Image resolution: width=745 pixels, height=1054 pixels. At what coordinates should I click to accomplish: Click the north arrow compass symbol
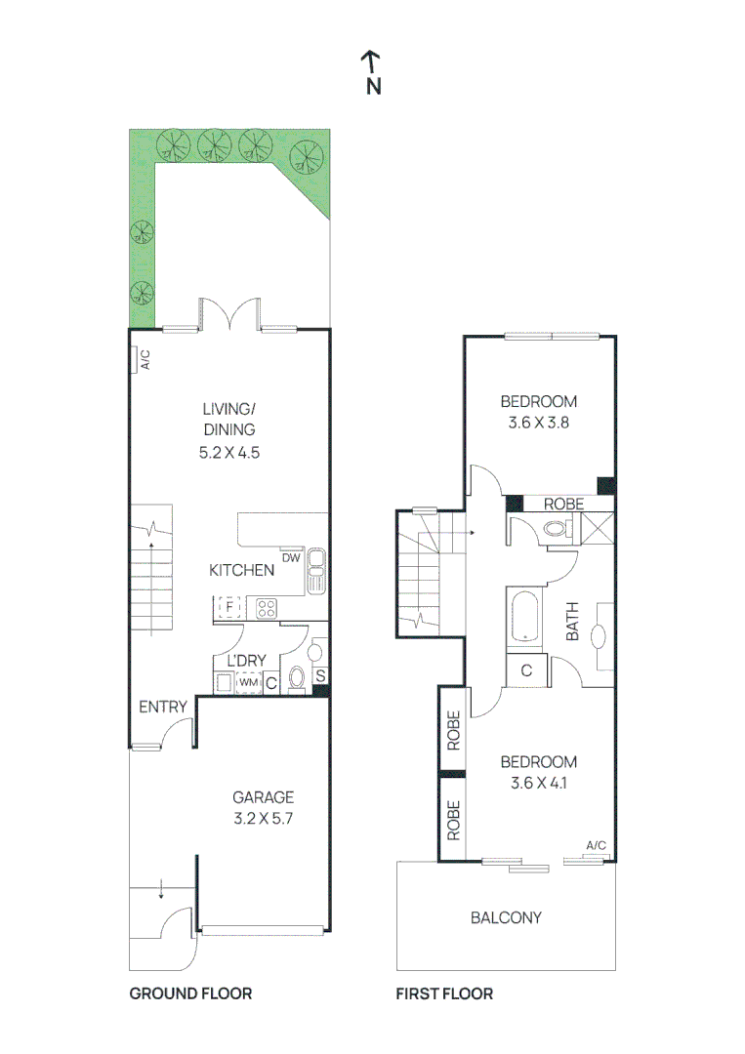click(x=372, y=73)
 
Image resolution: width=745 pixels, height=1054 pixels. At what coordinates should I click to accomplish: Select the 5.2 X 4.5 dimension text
click(x=229, y=452)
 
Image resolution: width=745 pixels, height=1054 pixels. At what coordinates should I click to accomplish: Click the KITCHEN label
click(x=241, y=570)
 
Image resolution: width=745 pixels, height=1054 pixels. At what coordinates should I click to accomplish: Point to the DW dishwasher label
click(x=291, y=559)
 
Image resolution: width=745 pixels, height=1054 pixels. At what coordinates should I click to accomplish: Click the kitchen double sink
click(x=316, y=571)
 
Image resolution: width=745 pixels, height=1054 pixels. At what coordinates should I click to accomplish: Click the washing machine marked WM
click(x=248, y=682)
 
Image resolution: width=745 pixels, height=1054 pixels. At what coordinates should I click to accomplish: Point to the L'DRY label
click(x=247, y=661)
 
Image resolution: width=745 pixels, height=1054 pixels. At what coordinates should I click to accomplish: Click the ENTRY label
click(x=162, y=707)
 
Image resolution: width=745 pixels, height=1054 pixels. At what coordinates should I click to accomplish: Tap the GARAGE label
click(x=263, y=797)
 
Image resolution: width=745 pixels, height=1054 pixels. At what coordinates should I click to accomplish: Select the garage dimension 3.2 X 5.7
click(x=263, y=819)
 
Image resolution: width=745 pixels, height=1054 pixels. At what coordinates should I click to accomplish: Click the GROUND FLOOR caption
click(x=190, y=993)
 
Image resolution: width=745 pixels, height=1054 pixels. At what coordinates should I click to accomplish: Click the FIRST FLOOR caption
click(x=444, y=993)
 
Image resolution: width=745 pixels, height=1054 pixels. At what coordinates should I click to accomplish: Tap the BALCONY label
click(x=506, y=917)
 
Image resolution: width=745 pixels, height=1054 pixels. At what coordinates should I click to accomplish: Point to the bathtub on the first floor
click(x=525, y=619)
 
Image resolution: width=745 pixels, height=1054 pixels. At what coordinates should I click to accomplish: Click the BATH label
click(x=573, y=621)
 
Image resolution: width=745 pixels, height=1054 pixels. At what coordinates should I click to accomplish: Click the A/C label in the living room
click(x=144, y=361)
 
